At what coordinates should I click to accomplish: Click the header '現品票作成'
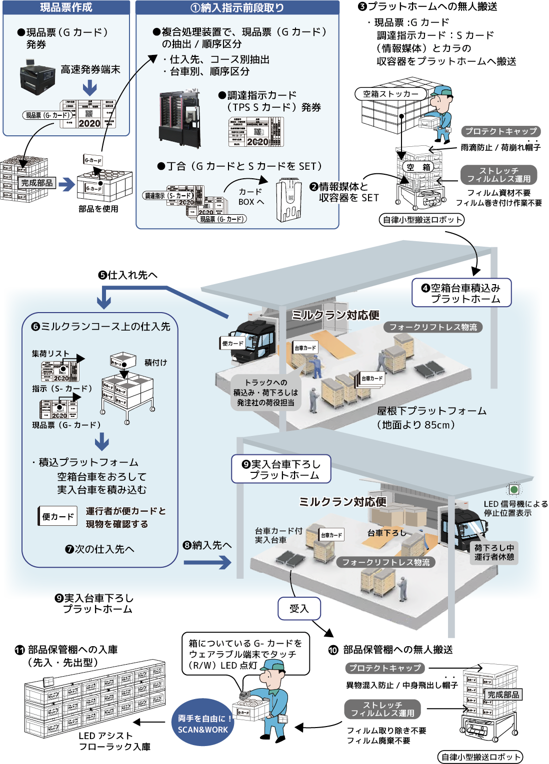click(66, 7)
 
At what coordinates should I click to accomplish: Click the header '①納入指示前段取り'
click(237, 7)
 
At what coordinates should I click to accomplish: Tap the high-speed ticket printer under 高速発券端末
click(37, 77)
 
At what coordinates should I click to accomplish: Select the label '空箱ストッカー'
click(390, 94)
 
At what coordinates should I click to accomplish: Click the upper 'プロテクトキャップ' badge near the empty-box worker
click(500, 131)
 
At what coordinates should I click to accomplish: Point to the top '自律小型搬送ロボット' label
click(421, 220)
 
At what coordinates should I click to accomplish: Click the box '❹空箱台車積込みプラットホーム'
click(461, 293)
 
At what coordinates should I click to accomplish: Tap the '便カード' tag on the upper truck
click(232, 343)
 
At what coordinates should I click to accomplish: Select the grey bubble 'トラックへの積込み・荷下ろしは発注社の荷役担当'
click(265, 392)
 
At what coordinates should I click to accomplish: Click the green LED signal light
click(513, 489)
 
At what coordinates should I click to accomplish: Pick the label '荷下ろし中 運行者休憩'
click(494, 552)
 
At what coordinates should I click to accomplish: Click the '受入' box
click(299, 609)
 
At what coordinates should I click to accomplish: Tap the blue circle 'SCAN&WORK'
click(202, 724)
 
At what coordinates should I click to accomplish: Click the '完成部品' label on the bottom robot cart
click(503, 695)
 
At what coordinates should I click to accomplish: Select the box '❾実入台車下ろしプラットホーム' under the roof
click(281, 469)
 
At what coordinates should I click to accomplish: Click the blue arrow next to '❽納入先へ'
click(207, 563)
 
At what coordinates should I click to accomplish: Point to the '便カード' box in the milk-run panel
click(58, 516)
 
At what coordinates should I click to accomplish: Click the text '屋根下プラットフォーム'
click(431, 411)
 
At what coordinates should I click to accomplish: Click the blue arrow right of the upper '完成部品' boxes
click(66, 184)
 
